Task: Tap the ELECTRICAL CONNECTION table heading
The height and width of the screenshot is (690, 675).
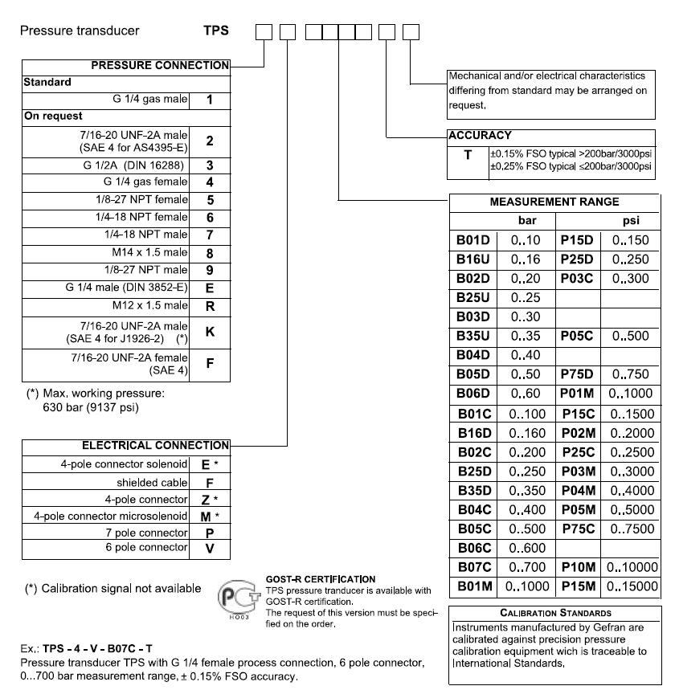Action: tap(156, 445)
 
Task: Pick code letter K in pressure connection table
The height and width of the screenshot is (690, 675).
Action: tap(210, 330)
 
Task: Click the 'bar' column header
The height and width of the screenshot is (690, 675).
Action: tap(525, 220)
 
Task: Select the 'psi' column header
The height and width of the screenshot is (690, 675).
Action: tap(631, 220)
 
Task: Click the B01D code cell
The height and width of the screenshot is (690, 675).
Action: tap(473, 240)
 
